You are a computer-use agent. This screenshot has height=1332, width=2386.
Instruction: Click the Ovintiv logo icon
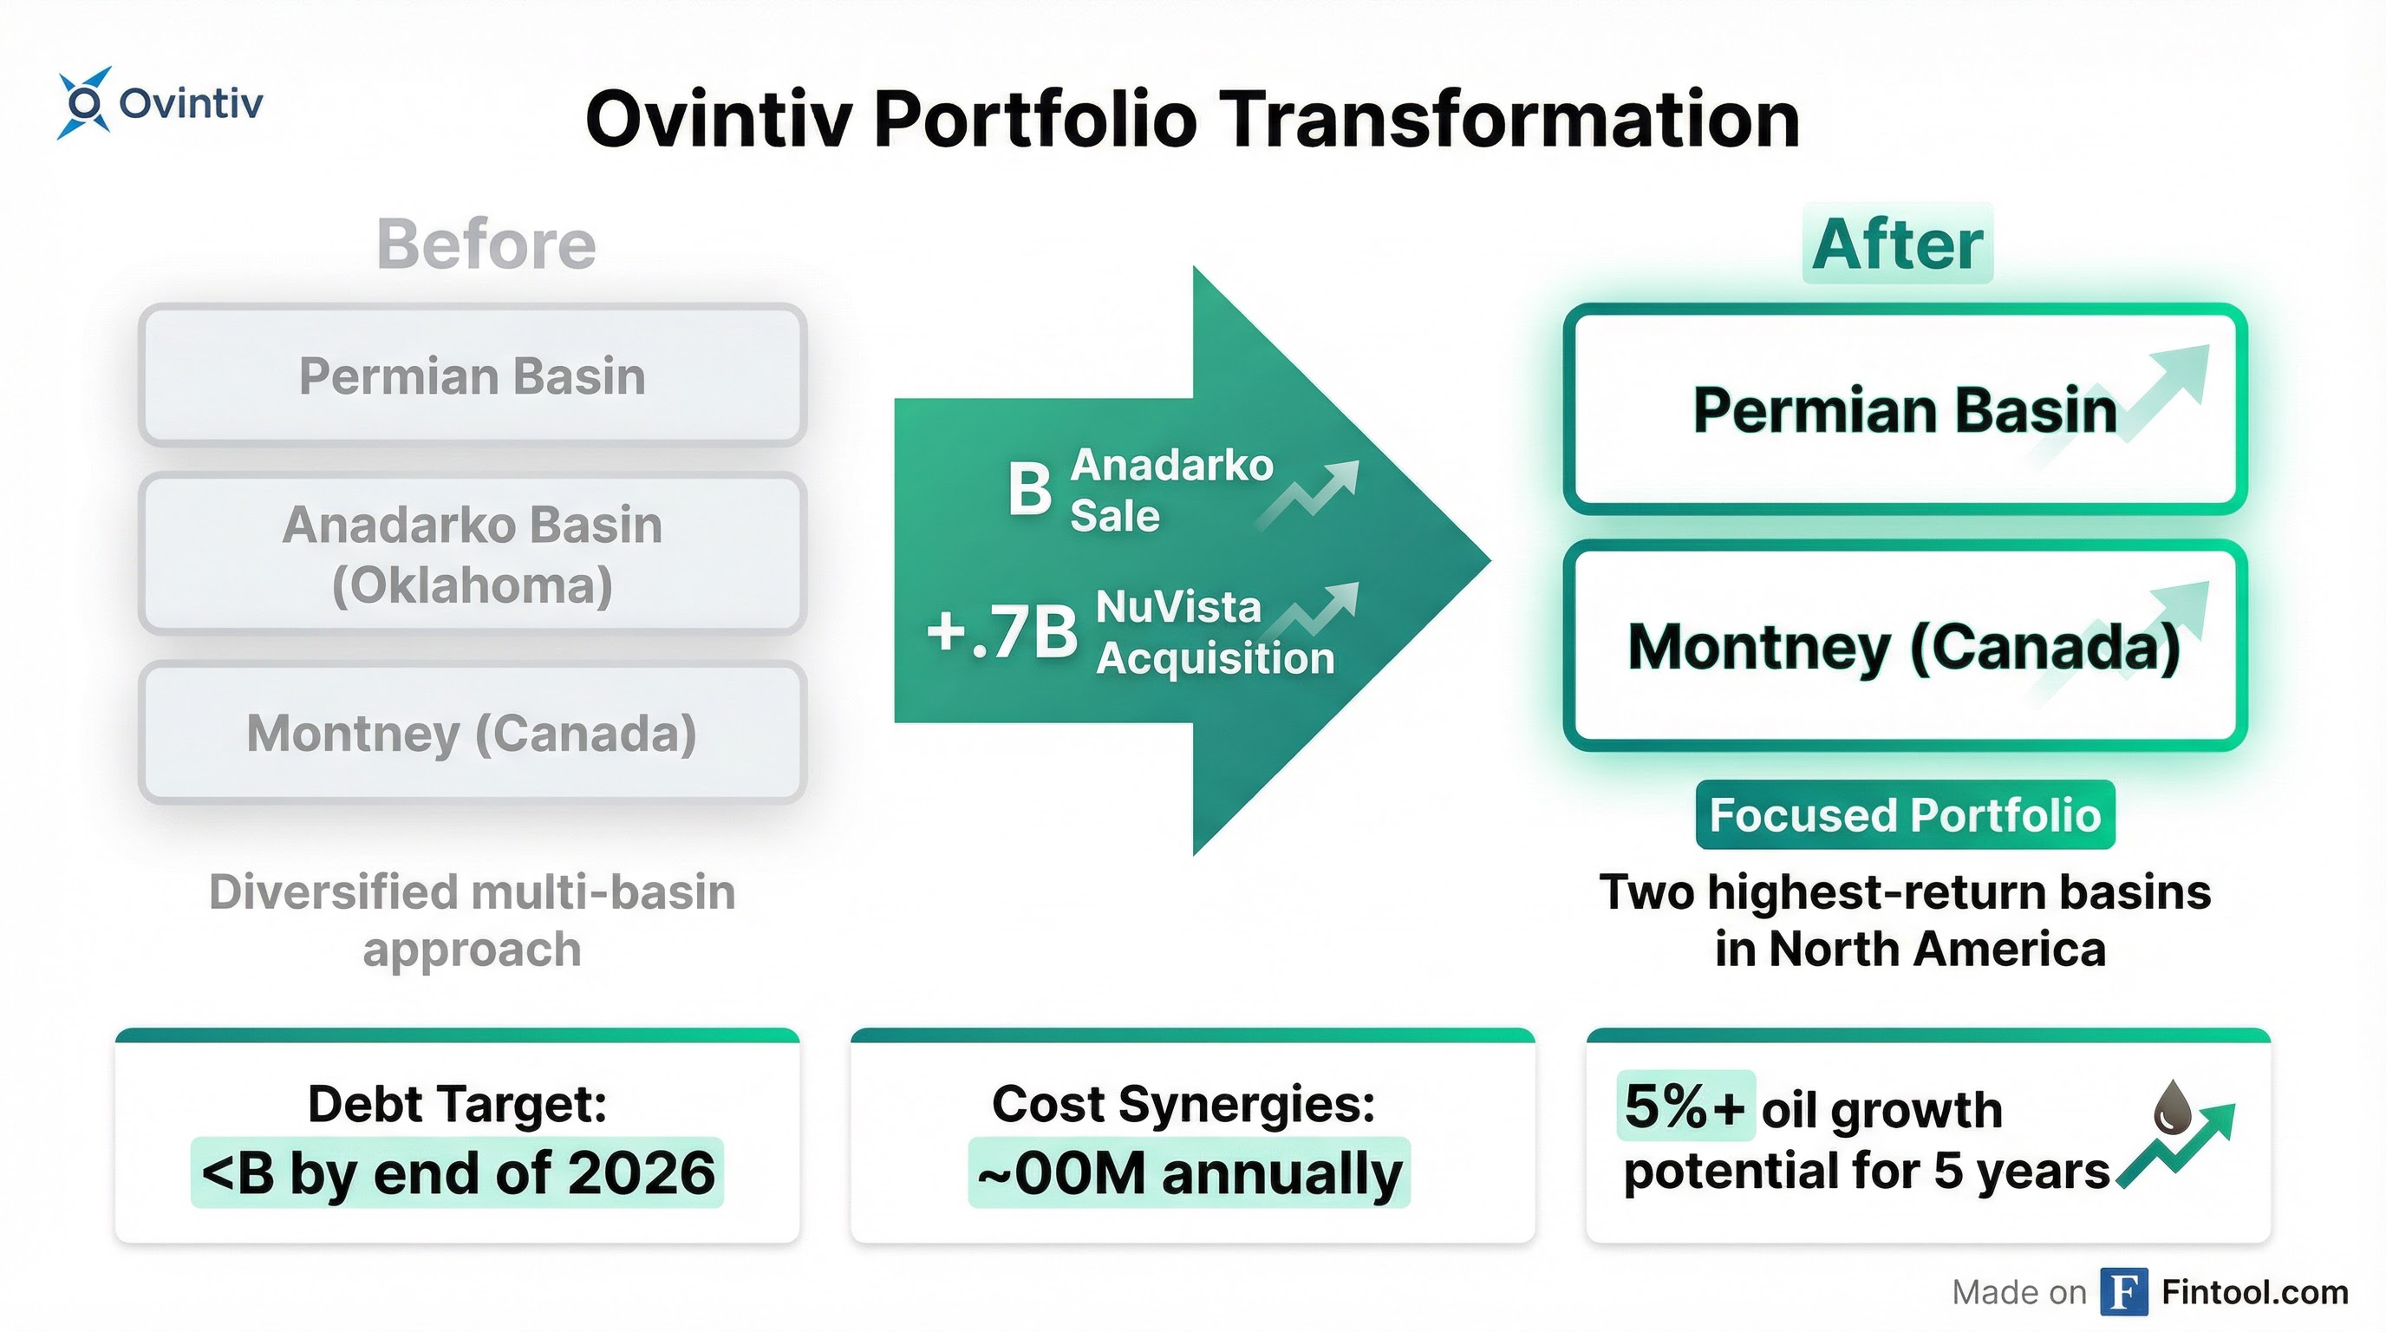(x=83, y=103)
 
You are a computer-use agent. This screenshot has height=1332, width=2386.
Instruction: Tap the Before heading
(x=486, y=245)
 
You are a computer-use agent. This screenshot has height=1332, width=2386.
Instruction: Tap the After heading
(x=1897, y=245)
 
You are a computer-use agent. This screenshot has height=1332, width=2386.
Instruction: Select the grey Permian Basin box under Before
(x=473, y=376)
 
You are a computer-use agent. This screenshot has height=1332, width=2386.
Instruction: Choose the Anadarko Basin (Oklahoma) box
(x=473, y=554)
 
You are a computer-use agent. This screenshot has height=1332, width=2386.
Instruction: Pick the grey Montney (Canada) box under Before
(x=473, y=733)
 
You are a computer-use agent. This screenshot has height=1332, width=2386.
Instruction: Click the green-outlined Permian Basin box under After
(x=1904, y=409)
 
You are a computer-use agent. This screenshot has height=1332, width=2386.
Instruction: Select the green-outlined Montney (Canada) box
(x=1904, y=646)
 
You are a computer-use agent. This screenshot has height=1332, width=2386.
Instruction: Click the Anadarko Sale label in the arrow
(x=1170, y=489)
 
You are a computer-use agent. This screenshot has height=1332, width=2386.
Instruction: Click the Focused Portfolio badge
(x=1904, y=815)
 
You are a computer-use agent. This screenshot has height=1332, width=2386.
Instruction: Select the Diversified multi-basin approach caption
(x=473, y=920)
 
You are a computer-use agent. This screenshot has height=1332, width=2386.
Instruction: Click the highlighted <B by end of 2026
(x=458, y=1172)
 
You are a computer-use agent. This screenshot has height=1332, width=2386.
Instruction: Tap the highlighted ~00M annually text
(x=1190, y=1172)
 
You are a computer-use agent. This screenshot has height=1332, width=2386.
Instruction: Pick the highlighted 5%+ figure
(x=1684, y=1106)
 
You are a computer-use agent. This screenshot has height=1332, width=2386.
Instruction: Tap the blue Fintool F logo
(x=2123, y=1291)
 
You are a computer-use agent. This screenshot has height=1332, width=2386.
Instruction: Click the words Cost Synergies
(x=1183, y=1104)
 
